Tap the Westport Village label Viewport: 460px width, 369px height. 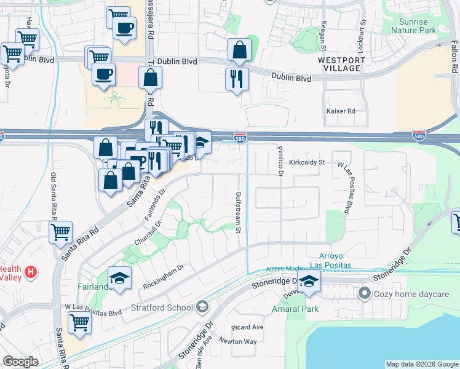pos(342,64)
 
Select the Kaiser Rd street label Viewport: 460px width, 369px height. pos(343,111)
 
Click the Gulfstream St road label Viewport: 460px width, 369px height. pos(239,212)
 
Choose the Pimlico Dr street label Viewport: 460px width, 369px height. pos(279,162)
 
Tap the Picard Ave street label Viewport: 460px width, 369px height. pos(247,327)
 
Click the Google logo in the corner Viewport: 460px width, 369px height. pos(20,362)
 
